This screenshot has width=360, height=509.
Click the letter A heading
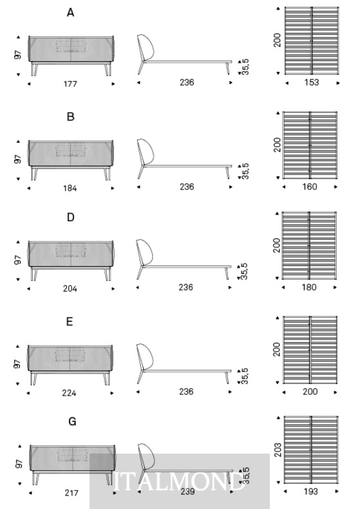point(70,13)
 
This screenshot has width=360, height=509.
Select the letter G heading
point(72,421)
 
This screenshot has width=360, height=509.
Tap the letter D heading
point(71,217)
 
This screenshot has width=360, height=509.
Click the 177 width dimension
point(70,84)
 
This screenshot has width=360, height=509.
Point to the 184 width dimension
point(70,188)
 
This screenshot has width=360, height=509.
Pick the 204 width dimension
point(70,289)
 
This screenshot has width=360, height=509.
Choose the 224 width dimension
point(69,393)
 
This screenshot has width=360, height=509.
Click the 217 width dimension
point(71,493)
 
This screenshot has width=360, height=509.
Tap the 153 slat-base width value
point(311,82)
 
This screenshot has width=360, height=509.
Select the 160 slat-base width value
point(310,187)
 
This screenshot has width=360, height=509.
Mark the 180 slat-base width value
point(309,287)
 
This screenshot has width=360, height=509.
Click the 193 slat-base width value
point(310,492)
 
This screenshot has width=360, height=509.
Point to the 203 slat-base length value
point(278,450)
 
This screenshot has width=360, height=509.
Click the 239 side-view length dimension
point(187,492)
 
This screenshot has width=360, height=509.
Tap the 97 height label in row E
point(17,364)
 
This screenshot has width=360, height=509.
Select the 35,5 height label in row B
point(245,171)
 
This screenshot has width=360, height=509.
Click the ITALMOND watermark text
point(179,481)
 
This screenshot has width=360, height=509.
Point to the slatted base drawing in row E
point(310,350)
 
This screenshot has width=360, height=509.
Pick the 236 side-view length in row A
point(187,82)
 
